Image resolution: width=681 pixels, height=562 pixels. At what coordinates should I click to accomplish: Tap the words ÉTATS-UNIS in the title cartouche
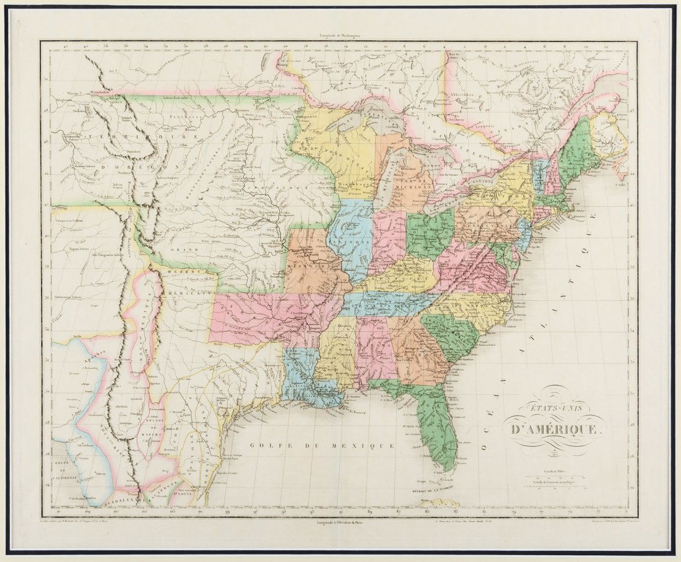pos(550,409)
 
